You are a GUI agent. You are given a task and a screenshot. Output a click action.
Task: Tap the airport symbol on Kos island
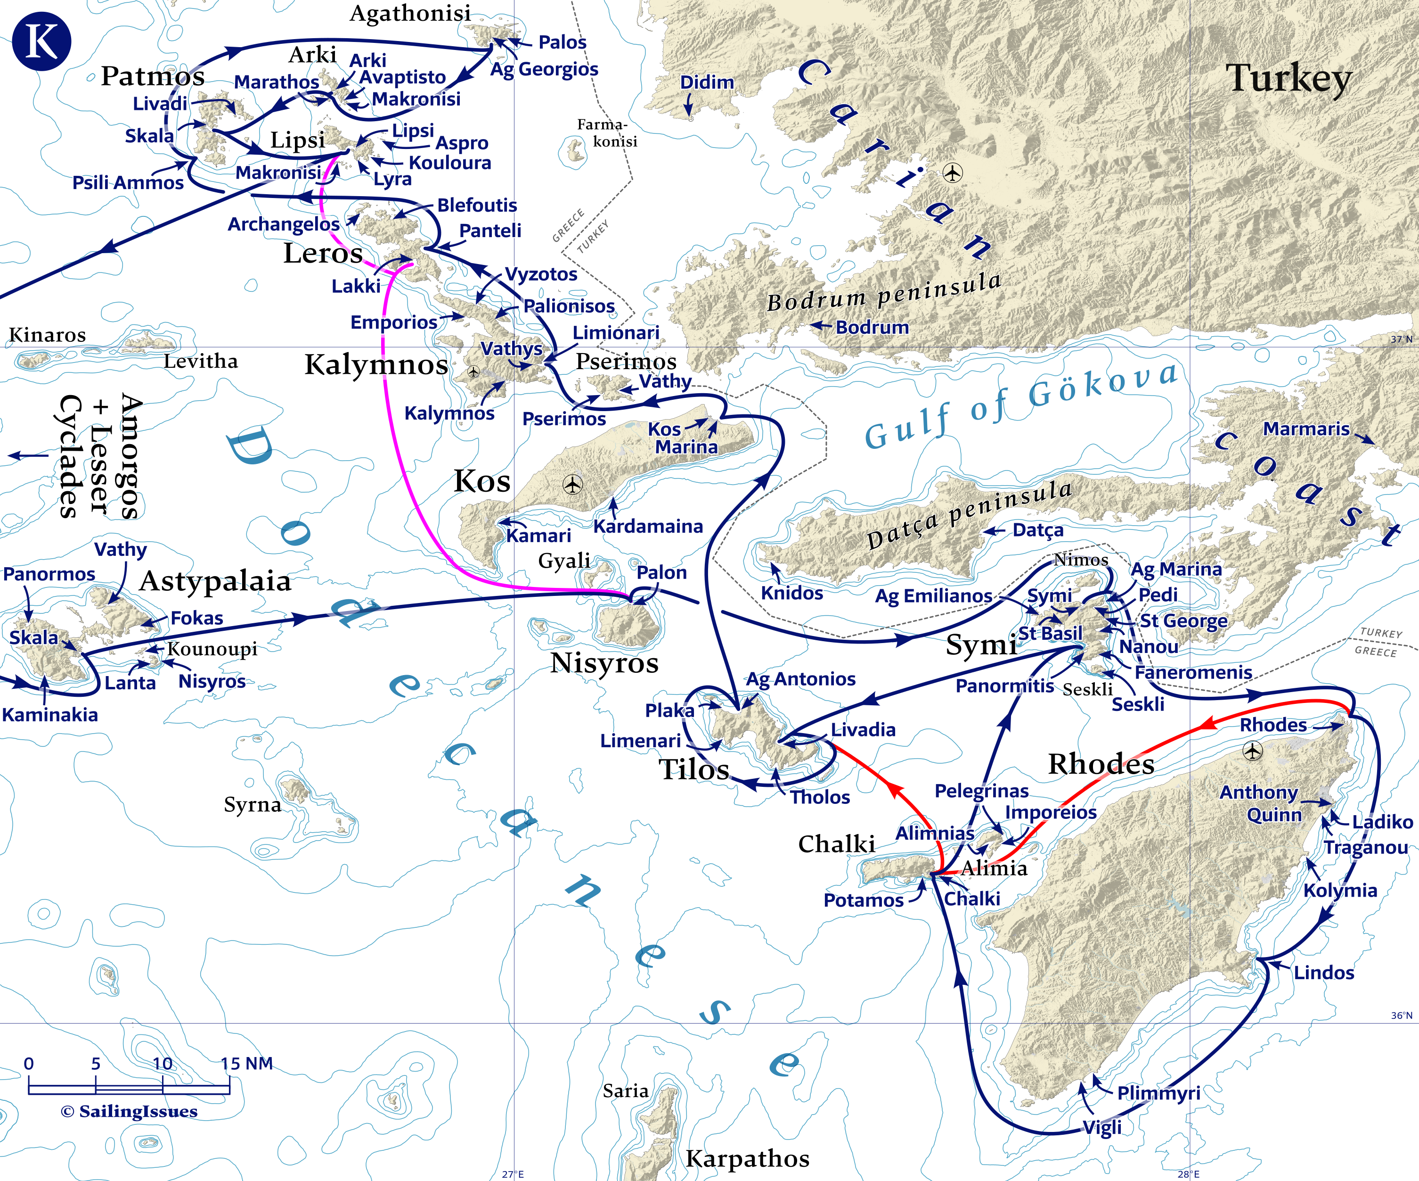tap(572, 484)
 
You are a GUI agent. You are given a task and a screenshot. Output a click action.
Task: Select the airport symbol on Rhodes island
tap(1253, 751)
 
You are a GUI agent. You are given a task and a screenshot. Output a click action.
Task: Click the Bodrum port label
tap(872, 327)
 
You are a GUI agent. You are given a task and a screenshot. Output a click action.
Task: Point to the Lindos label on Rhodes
tap(1324, 973)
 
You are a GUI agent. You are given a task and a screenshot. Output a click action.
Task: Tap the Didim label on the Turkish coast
tap(707, 83)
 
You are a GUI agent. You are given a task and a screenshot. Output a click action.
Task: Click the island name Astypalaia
tap(215, 581)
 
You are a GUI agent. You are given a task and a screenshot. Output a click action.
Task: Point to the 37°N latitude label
tap(1401, 339)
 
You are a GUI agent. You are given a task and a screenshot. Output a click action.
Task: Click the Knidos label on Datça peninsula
tap(792, 593)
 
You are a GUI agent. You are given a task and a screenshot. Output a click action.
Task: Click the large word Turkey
tap(1288, 78)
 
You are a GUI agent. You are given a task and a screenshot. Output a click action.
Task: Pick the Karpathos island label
tap(747, 1158)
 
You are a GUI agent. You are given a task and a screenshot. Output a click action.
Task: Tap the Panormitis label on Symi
tap(1004, 686)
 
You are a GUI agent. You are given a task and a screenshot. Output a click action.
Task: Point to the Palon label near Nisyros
tap(661, 573)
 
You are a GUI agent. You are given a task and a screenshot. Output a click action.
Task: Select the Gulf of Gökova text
tap(1020, 405)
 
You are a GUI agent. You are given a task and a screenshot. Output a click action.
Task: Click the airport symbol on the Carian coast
tap(953, 173)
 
